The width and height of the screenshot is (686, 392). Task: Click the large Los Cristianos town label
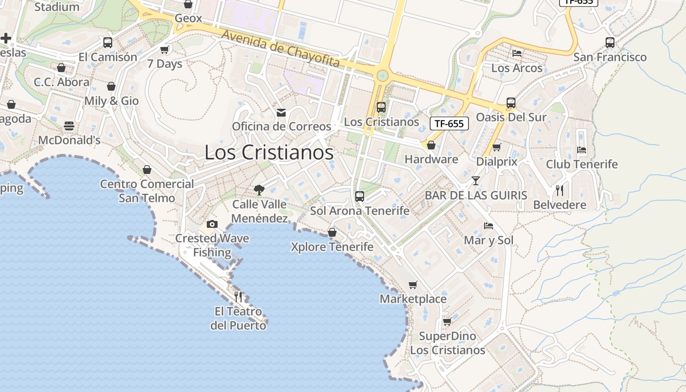[x=269, y=152]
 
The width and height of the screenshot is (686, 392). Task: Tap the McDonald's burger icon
[x=69, y=126]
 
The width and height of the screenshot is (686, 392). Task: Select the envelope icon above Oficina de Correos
[x=281, y=113]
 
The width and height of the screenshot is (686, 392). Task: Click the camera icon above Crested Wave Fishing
[x=212, y=224]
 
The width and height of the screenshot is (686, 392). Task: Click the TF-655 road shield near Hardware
[x=449, y=123]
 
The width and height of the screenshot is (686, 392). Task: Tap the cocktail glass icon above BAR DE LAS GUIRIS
[x=475, y=181]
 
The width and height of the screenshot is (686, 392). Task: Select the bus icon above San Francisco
[x=610, y=43]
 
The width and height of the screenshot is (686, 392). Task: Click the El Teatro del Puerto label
[x=238, y=318]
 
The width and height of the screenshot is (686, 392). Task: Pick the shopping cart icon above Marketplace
[x=413, y=285]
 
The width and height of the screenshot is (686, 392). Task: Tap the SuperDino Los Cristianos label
[x=447, y=343]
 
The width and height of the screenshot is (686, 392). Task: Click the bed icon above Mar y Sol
[x=489, y=226]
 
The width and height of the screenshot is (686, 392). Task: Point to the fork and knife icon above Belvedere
[x=560, y=190]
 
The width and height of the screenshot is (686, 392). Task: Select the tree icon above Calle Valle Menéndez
[x=259, y=190]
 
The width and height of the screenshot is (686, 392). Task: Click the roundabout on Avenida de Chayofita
[x=382, y=75]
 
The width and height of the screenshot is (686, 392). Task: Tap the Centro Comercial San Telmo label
[x=147, y=191]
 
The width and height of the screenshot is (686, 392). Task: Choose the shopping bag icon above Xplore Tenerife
[x=332, y=232]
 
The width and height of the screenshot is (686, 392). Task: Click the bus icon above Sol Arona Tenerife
[x=360, y=196]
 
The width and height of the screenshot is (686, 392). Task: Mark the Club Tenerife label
[x=582, y=164]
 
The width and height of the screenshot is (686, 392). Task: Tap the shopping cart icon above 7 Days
[x=165, y=49]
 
